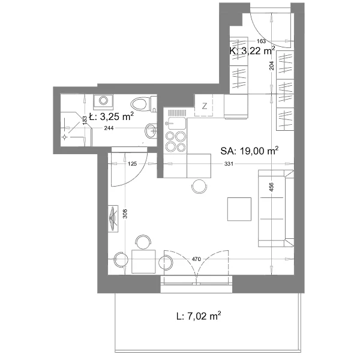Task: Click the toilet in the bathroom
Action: tap(143, 104)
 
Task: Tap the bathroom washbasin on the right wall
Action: tap(151, 131)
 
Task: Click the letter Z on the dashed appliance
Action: tap(205, 106)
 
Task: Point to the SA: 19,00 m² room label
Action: tap(250, 151)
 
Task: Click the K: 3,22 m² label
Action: tap(253, 51)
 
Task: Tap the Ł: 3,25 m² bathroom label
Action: tap(112, 116)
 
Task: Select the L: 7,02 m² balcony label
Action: tap(199, 316)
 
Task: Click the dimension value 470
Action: tap(196, 259)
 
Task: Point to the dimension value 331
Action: tap(229, 164)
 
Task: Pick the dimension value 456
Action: tap(271, 187)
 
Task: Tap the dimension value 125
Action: tap(132, 164)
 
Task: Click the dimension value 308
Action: tap(125, 214)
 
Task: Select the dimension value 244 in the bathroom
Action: tap(109, 128)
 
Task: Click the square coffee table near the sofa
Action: tap(239, 209)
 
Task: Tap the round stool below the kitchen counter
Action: tap(199, 187)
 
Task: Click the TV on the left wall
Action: tap(113, 219)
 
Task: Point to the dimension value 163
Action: tap(261, 41)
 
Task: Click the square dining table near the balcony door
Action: tap(143, 262)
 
